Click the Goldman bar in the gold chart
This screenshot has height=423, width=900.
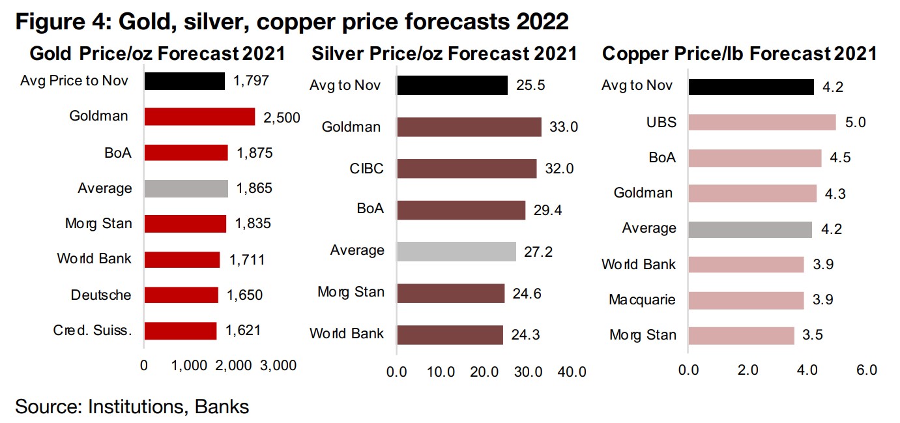point(199,117)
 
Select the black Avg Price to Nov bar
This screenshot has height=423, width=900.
point(184,81)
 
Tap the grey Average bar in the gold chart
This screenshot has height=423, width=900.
point(186,188)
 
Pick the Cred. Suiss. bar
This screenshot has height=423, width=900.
point(180,330)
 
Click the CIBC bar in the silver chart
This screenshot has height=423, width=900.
point(466,168)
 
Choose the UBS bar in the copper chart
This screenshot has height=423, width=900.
point(762,122)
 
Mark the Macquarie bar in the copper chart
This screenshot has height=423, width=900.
point(746,300)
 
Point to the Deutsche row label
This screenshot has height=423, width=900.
point(101,295)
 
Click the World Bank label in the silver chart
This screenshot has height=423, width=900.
point(347,334)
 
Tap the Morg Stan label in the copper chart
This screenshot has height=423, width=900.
point(643,335)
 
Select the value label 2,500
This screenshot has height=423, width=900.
point(282,117)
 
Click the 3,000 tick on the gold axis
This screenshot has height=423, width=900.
point(278,366)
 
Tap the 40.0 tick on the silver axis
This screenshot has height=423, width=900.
point(572,372)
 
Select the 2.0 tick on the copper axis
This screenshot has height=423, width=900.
point(748,370)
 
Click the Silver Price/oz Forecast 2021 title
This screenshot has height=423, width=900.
point(444,53)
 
